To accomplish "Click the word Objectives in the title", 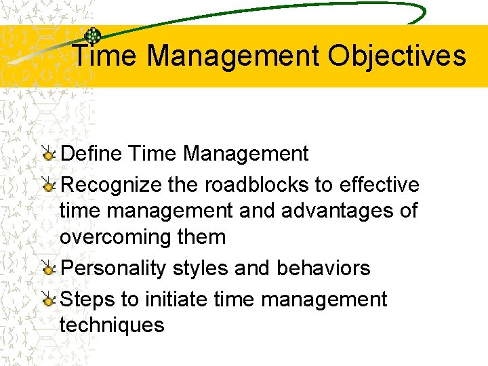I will pos(397,56).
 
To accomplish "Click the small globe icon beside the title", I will pos(92,37).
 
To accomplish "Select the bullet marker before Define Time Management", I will pos(48,155).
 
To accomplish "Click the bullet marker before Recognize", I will pos(48,186).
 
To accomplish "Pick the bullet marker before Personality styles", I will pos(48,269).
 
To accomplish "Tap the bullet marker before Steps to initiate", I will pos(48,300).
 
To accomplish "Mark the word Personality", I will pos(113,268).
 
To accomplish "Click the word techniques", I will pos(112,325).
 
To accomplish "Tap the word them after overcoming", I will pos(202,237).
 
